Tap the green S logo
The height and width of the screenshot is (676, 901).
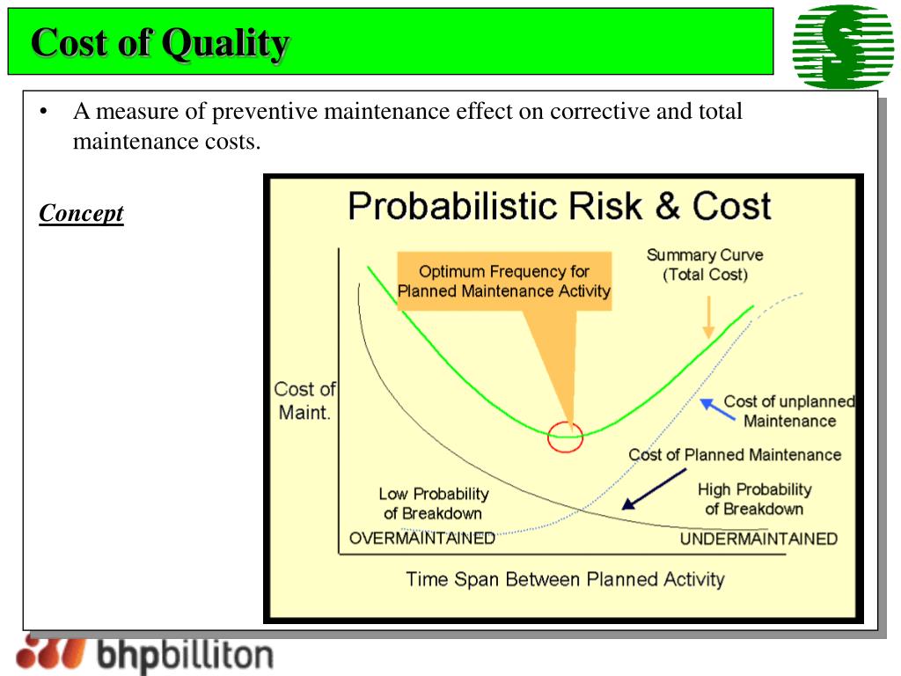pyautogui.click(x=842, y=47)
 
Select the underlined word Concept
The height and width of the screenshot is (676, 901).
pyautogui.click(x=81, y=213)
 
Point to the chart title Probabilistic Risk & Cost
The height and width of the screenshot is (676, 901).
pyautogui.click(x=559, y=207)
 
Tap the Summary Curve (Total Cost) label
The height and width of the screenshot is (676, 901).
pyautogui.click(x=705, y=265)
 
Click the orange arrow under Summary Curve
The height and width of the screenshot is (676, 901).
pyautogui.click(x=707, y=318)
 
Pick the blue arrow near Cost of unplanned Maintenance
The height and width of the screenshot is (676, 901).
pyautogui.click(x=717, y=408)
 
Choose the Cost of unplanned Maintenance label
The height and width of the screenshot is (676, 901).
pyautogui.click(x=788, y=411)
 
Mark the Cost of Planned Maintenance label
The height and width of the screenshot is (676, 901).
pyautogui.click(x=735, y=455)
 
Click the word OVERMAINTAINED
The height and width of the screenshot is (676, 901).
pyautogui.click(x=422, y=539)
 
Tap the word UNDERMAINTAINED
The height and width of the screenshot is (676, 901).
pyautogui.click(x=758, y=539)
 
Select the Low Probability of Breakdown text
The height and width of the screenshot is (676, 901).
pyautogui.click(x=433, y=503)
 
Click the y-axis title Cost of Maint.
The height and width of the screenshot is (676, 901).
pyautogui.click(x=304, y=400)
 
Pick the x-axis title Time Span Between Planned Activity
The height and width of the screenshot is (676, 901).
pyautogui.click(x=565, y=579)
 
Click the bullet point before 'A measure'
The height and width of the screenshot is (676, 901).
pyautogui.click(x=42, y=113)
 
